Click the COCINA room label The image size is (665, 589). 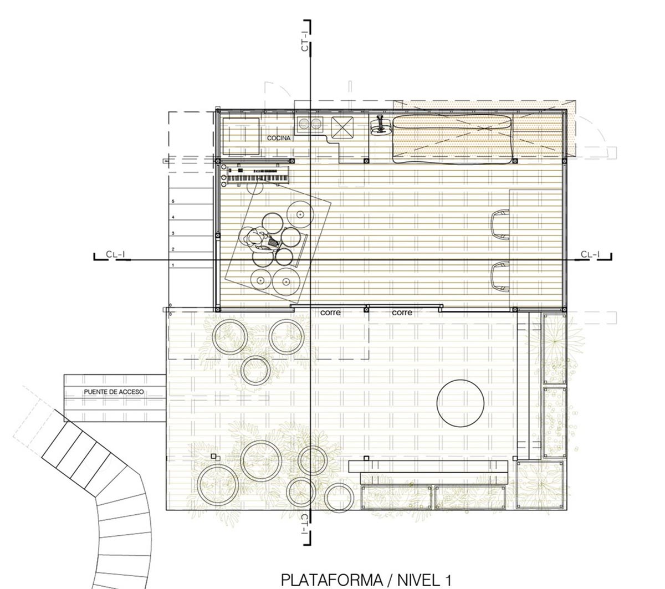point(278,138)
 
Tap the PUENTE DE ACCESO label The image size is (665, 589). point(114,392)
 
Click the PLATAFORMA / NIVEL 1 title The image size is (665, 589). point(366,571)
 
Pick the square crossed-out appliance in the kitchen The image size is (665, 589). point(342,127)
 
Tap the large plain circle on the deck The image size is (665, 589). point(460,403)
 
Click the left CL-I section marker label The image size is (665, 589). point(115,254)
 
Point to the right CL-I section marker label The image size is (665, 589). point(590,254)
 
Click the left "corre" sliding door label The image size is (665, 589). point(330,313)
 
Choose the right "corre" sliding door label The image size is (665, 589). point(402,313)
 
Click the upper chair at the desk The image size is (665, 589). point(500,224)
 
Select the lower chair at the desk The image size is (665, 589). point(500,276)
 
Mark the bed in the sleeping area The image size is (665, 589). point(452,139)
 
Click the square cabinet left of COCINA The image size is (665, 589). point(241,136)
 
